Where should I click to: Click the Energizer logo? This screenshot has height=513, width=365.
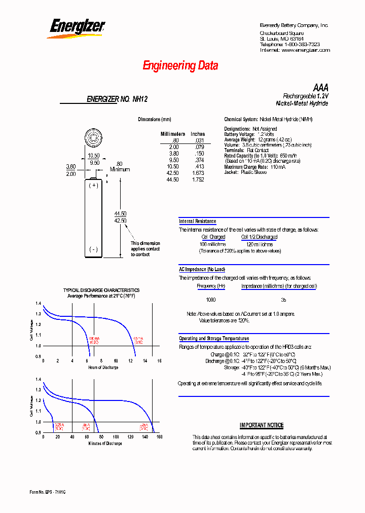(x=76, y=28)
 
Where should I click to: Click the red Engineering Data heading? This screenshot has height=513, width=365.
(x=180, y=65)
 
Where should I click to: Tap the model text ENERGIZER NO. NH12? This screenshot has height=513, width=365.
(x=117, y=100)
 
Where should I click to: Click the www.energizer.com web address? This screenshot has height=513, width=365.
(x=306, y=50)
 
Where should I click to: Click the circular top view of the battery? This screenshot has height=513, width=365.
(x=94, y=137)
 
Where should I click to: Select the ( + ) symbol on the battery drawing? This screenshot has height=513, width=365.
(x=93, y=186)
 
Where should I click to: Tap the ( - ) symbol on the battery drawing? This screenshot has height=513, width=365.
(x=93, y=249)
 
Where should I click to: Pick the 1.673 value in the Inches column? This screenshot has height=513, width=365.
(x=198, y=173)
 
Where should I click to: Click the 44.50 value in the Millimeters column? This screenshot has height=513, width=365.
(x=172, y=180)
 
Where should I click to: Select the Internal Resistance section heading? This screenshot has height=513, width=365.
(x=198, y=222)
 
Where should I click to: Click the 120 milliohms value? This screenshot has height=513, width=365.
(x=259, y=244)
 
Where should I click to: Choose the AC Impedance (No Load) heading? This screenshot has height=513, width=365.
(x=202, y=270)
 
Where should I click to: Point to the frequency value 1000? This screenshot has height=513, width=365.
(x=210, y=300)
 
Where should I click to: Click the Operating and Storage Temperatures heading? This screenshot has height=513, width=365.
(x=214, y=339)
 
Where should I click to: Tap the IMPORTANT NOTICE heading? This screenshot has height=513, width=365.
(x=262, y=425)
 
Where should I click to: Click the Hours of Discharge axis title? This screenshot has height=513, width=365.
(x=103, y=368)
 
